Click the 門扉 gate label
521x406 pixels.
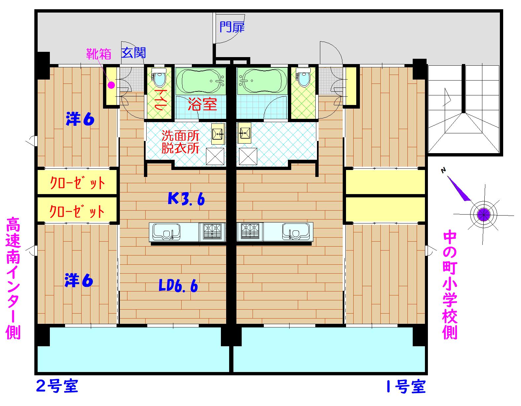click(232, 27)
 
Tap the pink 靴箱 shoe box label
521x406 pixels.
click(98, 54)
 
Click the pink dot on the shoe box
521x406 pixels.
click(111, 85)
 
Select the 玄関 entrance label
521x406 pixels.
click(133, 53)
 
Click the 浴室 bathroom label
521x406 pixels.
click(202, 105)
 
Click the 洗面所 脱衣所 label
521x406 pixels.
click(180, 142)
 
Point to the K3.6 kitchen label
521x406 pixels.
click(186, 199)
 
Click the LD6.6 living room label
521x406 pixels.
click(178, 286)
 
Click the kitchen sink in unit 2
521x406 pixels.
click(166, 232)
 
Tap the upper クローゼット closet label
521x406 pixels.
click(77, 183)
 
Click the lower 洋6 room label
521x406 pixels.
click(79, 281)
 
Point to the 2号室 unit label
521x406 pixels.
click(56, 387)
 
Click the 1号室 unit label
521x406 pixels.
click(405, 387)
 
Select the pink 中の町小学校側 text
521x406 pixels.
click(449, 286)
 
